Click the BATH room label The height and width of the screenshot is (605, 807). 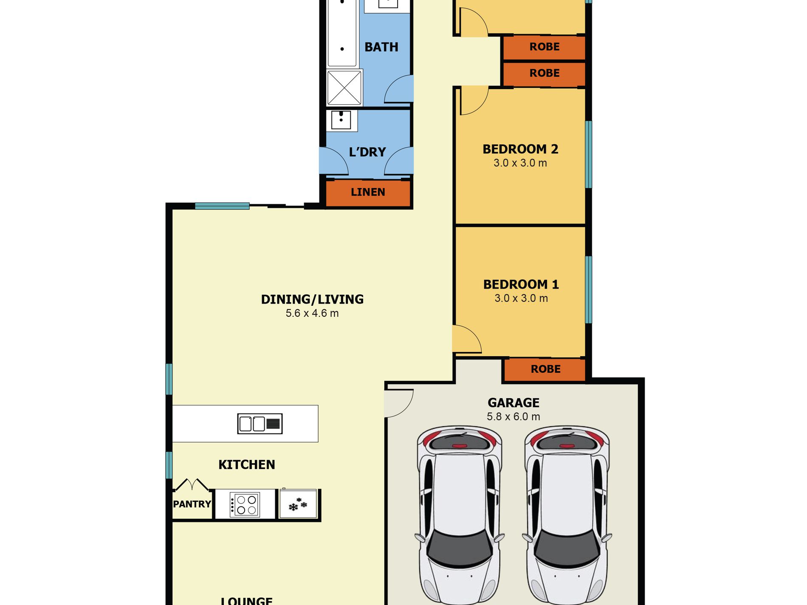coord(381,47)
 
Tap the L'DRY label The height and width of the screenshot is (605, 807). coord(367,152)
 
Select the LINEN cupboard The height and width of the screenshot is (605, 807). coord(368,192)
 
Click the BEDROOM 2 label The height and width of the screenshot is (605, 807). coord(520,149)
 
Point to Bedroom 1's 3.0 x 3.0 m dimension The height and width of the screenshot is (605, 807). coord(521,298)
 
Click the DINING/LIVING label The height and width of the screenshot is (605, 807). coord(312,299)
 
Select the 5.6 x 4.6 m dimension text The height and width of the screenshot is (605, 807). coord(312,313)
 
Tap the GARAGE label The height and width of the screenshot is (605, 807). coord(514,402)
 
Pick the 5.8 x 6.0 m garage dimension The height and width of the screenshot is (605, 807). coord(514,416)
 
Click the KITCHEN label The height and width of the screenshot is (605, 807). coord(247,464)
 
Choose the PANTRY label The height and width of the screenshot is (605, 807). coord(192,504)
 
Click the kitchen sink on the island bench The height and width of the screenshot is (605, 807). coord(260,424)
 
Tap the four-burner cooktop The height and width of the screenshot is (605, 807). coord(245,504)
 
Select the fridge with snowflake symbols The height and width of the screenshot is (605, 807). coord(298,504)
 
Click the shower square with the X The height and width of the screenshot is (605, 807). coord(344,88)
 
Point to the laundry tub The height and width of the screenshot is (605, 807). coord(341,120)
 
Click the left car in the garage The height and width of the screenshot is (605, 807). coord(459,515)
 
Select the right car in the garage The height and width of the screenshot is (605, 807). coord(566,515)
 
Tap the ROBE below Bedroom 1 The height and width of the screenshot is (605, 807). coord(545,369)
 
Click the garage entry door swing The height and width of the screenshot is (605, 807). coord(399,403)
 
